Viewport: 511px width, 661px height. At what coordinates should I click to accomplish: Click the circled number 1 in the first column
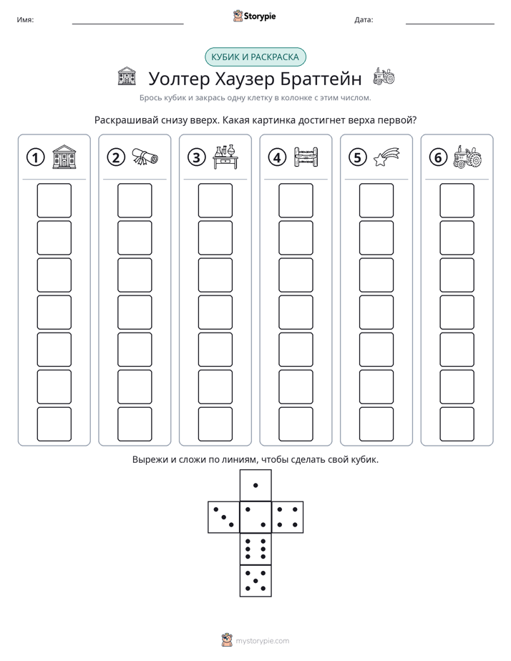click(x=35, y=157)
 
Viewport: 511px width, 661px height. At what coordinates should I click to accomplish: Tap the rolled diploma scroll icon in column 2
click(x=145, y=157)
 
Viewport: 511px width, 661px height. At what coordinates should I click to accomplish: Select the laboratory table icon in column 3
click(x=225, y=157)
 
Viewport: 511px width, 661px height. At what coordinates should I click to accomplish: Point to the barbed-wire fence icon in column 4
click(x=306, y=157)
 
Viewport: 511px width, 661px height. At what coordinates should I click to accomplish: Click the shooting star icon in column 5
click(x=386, y=157)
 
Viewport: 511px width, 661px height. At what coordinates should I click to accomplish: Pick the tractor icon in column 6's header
click(x=467, y=157)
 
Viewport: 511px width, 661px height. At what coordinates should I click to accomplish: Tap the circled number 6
click(x=438, y=157)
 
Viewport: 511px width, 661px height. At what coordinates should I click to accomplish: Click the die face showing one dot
click(x=255, y=485)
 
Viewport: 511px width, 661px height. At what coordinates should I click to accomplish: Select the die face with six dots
click(x=255, y=549)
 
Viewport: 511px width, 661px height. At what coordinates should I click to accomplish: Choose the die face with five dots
click(x=255, y=580)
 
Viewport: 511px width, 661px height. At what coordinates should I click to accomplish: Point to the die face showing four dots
click(x=288, y=516)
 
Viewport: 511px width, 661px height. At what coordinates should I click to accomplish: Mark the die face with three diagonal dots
click(x=224, y=516)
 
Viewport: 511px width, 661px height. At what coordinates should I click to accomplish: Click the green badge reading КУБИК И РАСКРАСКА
click(x=255, y=57)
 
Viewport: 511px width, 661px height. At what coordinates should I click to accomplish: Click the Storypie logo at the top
click(x=254, y=16)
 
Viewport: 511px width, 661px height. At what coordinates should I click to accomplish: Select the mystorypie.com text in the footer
click(x=262, y=641)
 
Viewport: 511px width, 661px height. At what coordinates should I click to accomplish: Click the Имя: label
click(x=25, y=19)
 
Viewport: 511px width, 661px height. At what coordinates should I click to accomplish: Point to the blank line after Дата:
click(x=450, y=24)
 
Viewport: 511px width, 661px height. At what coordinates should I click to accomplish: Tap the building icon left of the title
click(x=127, y=77)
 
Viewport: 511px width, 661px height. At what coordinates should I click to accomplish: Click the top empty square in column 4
click(x=296, y=200)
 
